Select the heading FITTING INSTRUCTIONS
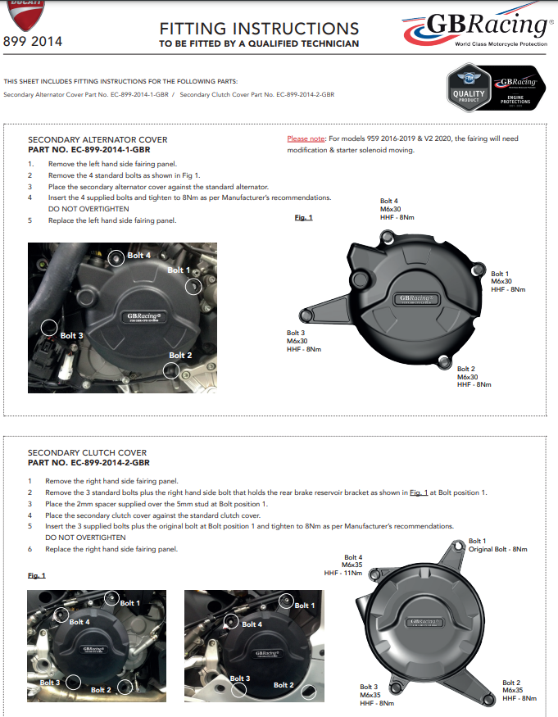click(258, 29)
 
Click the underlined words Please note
click(306, 139)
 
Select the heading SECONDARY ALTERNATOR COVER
click(98, 140)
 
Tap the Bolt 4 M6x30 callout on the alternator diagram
click(389, 209)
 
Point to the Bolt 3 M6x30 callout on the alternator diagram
click(303, 341)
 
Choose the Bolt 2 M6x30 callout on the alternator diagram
click(474, 376)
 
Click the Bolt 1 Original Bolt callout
click(497, 545)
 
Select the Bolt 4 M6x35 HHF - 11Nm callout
click(347, 565)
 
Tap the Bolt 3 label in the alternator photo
click(71, 335)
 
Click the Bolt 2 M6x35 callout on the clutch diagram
click(519, 690)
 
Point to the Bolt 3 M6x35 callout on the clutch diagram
click(377, 695)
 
